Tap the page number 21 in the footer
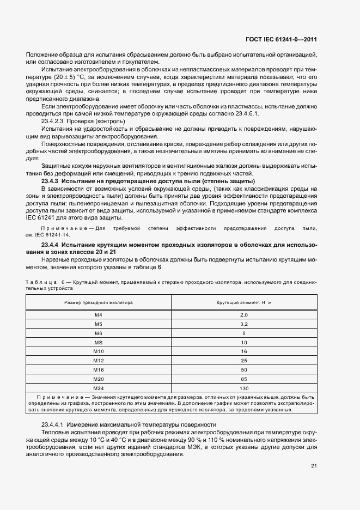[x=314, y=465]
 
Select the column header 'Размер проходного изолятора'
[x=99, y=302]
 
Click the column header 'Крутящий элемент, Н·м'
[x=243, y=302]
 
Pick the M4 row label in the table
[x=99, y=315]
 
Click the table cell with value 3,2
[x=243, y=324]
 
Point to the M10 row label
[x=99, y=351]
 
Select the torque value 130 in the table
[x=243, y=388]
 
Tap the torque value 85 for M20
[x=243, y=379]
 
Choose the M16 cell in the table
[x=99, y=369]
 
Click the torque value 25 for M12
[x=243, y=361]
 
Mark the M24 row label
[x=99, y=388]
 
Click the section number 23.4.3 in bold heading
[x=50, y=180]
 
